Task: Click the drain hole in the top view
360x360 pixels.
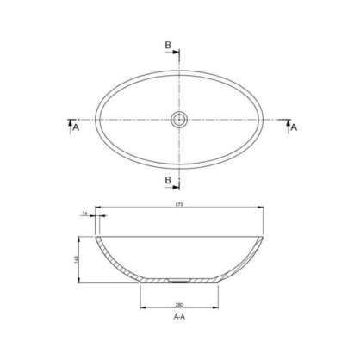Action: coord(180,120)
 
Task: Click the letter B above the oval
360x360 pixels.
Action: coord(169,44)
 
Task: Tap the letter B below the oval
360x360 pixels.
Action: coord(169,179)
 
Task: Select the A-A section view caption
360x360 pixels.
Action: coord(180,317)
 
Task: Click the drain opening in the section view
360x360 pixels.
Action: coord(180,279)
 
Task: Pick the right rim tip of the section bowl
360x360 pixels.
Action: coord(264,235)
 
